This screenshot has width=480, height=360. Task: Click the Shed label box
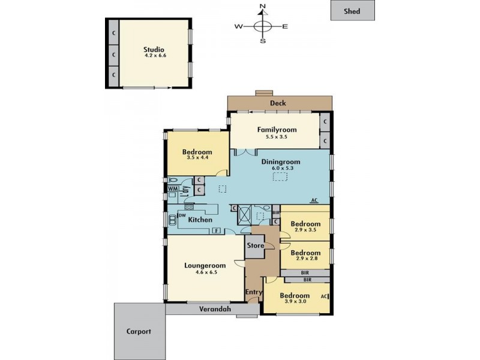(352, 11)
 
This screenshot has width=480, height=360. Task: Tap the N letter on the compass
(262, 7)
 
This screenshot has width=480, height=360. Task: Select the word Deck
(278, 103)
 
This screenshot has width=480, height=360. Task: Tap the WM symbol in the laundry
(172, 189)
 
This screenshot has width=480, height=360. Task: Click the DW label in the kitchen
(181, 215)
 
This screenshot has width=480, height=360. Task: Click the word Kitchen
(200, 220)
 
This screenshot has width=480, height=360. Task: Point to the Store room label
(254, 245)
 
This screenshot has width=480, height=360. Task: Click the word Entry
(254, 292)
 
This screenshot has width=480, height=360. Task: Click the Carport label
(139, 331)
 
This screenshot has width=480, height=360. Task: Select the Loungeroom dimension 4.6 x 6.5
(206, 272)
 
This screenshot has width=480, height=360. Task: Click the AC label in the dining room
(314, 200)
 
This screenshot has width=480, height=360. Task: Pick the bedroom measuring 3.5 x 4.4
(197, 155)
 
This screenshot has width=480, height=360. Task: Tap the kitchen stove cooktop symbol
(189, 207)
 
